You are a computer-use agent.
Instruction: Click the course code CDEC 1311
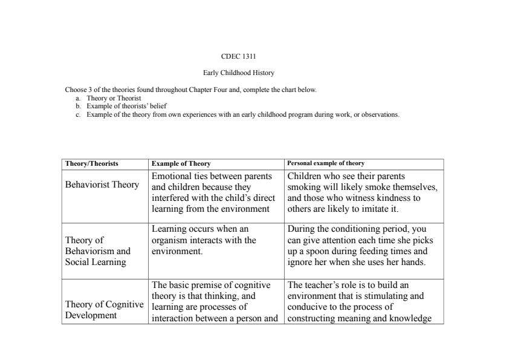[x=238, y=56]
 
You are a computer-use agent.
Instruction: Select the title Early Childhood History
[x=238, y=73]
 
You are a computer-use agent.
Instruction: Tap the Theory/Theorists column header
[x=92, y=163]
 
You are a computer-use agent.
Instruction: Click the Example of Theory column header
[x=181, y=163]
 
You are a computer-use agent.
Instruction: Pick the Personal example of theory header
[x=326, y=163]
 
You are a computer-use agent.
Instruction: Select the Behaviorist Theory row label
[x=102, y=185]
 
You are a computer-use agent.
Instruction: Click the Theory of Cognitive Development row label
[x=104, y=310]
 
